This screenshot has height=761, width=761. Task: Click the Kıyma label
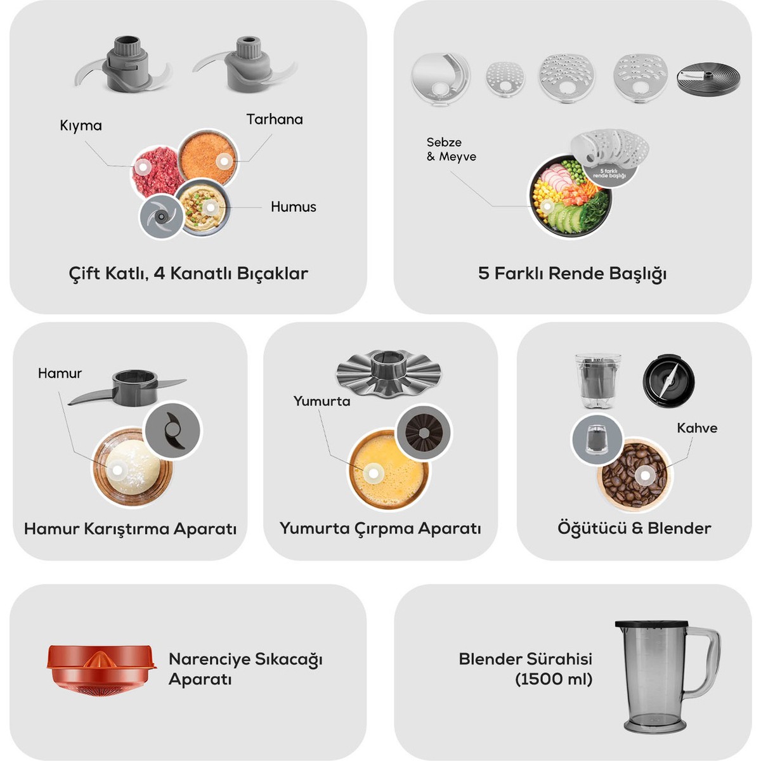click(81, 126)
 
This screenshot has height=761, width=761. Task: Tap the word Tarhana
click(275, 119)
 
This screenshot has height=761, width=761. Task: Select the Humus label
click(294, 207)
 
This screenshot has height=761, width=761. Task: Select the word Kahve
click(697, 427)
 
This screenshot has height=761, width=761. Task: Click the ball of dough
click(133, 467)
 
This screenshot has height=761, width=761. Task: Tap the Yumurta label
click(322, 401)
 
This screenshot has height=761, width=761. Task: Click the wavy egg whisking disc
click(389, 373)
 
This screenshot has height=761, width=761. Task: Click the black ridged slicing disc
click(708, 79)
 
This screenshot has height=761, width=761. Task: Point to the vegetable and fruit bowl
click(569, 195)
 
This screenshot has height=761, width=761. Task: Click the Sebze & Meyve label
click(451, 149)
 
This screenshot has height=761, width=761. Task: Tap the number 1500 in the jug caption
click(543, 679)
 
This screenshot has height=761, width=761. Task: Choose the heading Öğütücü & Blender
click(634, 528)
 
